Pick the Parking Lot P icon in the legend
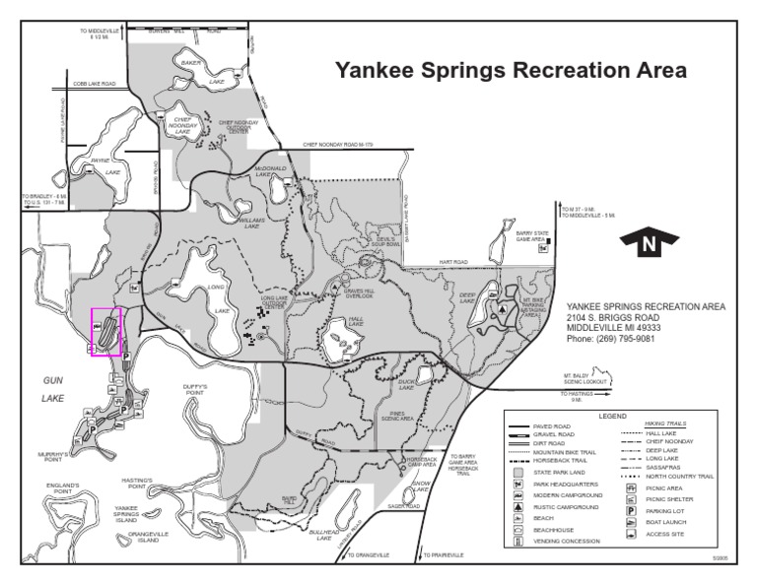coord(629,511)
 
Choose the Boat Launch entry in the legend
coord(629,522)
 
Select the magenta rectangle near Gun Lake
coord(105,332)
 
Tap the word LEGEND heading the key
coord(612,416)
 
